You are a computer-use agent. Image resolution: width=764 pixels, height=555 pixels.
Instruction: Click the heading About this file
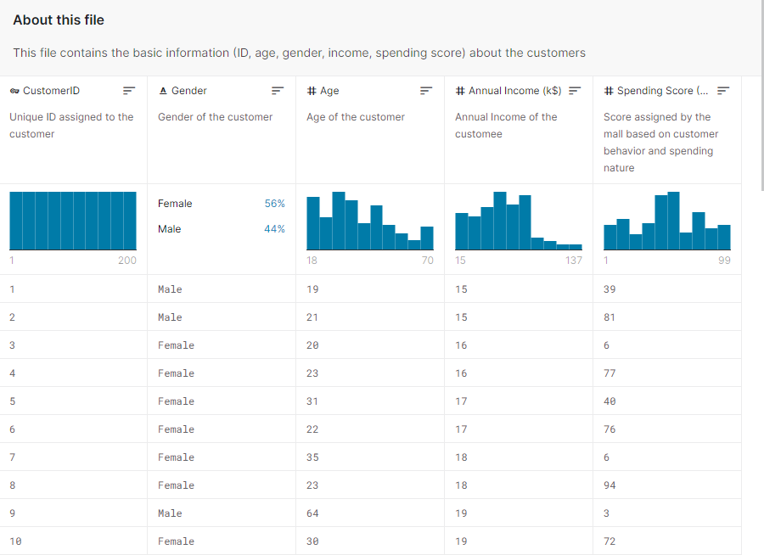59,20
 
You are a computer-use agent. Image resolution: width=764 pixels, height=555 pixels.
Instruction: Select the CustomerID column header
51,91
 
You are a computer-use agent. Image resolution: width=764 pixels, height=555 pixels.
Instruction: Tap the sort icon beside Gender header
278,91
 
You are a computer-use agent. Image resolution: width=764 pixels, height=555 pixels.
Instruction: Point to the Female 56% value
274,204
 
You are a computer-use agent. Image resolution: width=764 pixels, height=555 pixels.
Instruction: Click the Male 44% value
274,229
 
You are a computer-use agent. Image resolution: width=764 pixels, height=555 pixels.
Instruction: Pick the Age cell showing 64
312,513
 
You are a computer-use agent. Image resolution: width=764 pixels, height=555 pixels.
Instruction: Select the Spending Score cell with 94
610,485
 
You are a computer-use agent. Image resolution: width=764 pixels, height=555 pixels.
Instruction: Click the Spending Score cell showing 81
610,317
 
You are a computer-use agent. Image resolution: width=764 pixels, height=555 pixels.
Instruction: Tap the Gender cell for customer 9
170,513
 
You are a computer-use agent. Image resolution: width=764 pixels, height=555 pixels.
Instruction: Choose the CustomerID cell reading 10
15,541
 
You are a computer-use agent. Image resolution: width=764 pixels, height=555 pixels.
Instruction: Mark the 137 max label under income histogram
574,261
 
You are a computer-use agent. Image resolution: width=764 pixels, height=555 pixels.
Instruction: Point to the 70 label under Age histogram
427,261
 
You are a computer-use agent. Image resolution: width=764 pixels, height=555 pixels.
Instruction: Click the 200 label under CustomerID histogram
126,261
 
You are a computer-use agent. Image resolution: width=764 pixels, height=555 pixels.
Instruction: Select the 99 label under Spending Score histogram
723,261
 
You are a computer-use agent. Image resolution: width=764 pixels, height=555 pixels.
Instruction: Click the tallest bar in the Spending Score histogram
673,221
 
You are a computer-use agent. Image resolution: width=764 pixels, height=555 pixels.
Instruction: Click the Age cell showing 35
312,457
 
